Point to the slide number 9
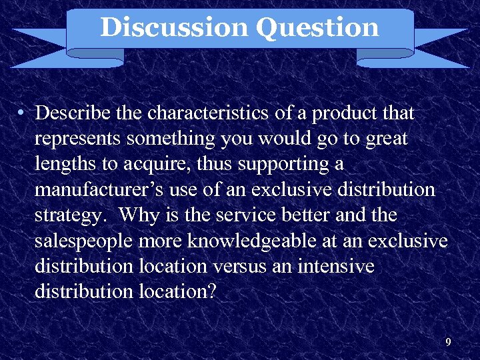[x=448, y=343]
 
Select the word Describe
[x=73, y=114]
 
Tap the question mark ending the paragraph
[x=212, y=291]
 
